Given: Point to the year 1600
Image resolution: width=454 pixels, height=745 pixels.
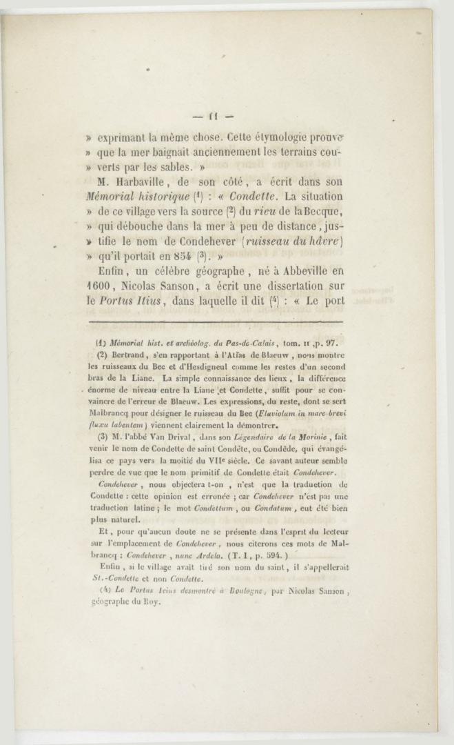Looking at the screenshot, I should (x=104, y=270).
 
